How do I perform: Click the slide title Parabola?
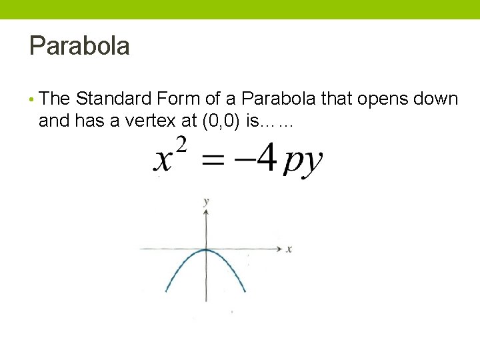tap(79, 46)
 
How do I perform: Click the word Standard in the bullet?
tap(113, 99)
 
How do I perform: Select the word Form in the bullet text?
tap(179, 99)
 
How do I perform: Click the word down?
tap(435, 99)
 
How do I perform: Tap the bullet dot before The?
tap(32, 100)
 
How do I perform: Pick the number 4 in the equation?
tap(266, 159)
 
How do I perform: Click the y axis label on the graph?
tap(206, 201)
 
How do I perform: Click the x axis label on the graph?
tap(289, 249)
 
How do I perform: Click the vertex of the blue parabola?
tap(206, 250)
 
